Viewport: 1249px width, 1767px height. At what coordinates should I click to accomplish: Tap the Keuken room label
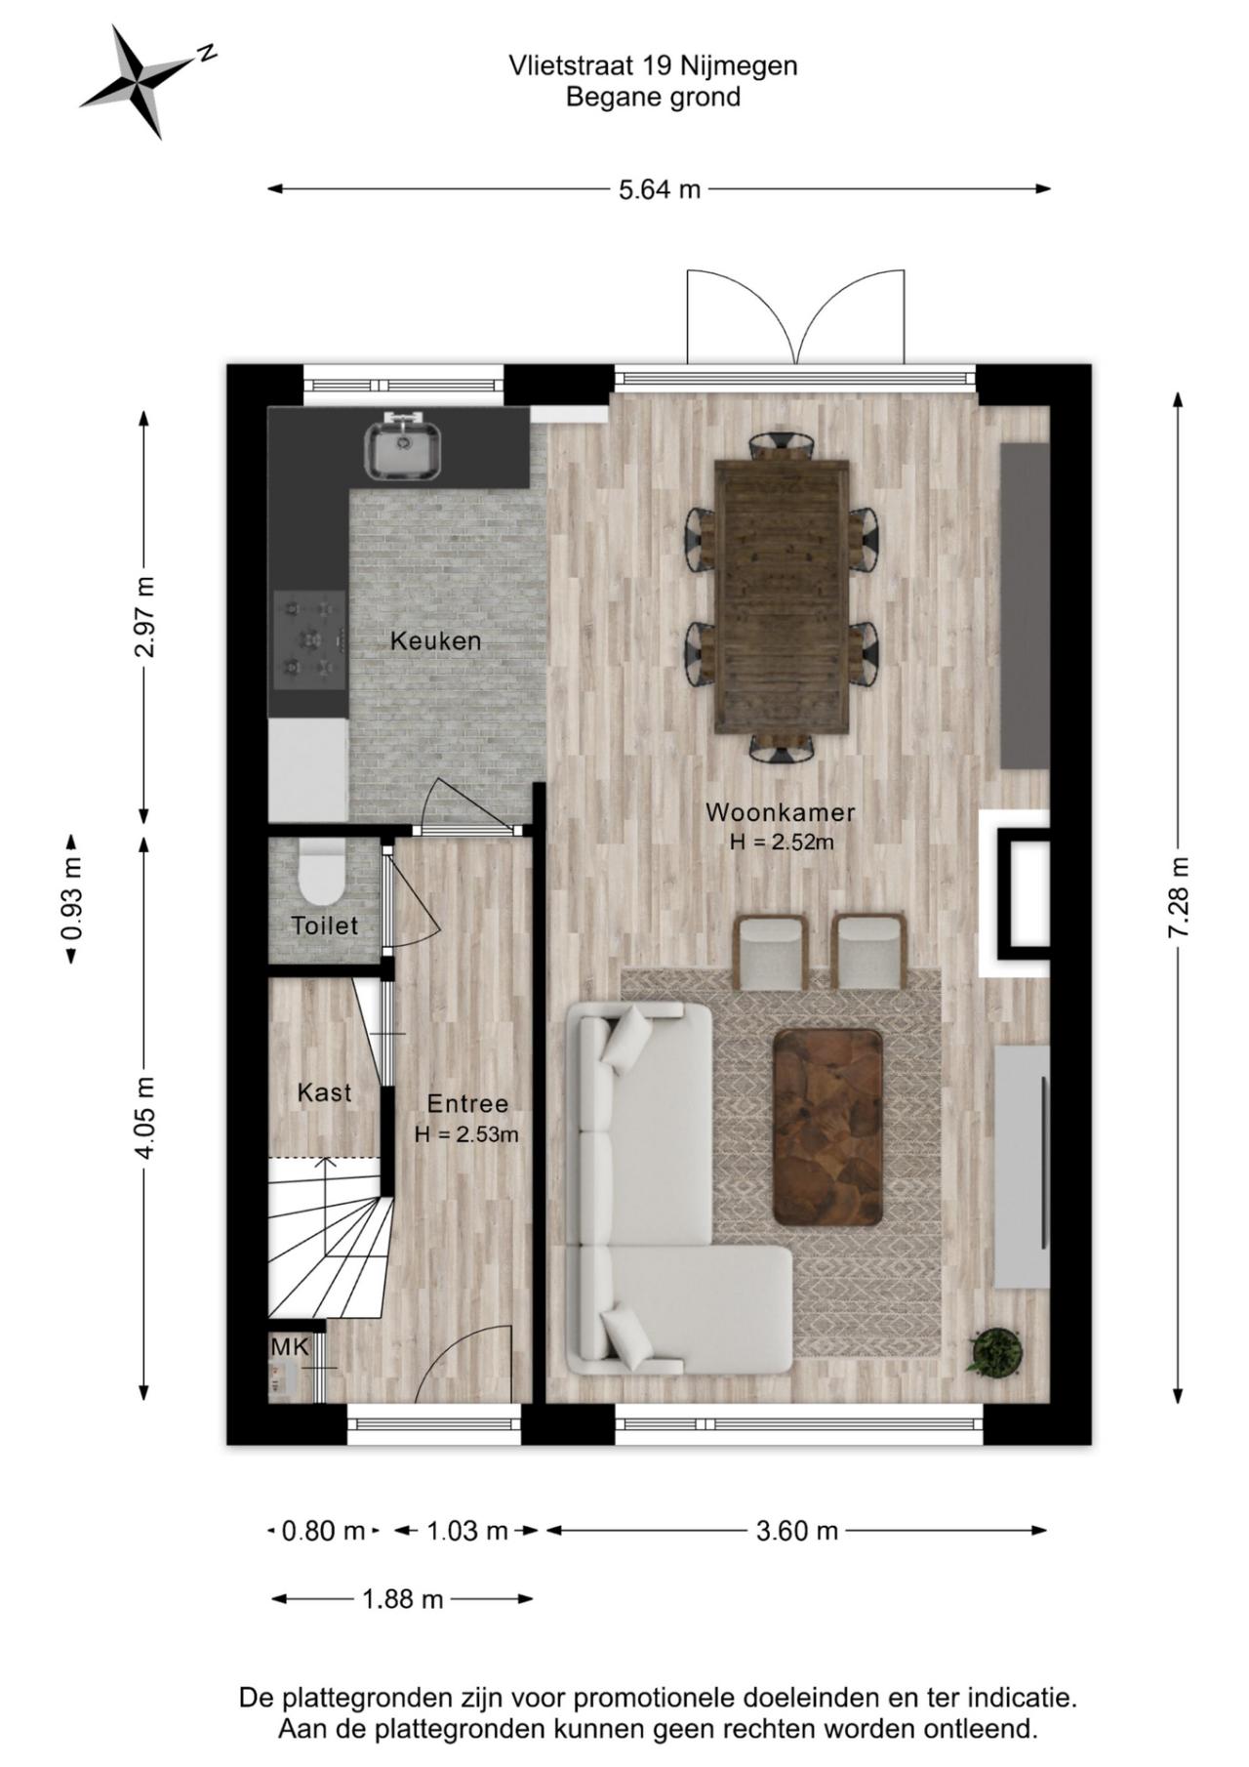435,641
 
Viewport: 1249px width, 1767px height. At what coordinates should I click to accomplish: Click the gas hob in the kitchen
309,639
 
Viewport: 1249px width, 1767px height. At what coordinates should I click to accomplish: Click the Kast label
324,1092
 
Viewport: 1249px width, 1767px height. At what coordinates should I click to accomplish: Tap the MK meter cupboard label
290,1347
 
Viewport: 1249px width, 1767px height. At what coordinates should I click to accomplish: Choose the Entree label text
467,1104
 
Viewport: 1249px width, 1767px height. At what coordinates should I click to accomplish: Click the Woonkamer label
781,812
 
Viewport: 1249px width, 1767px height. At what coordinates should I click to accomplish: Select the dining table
781,596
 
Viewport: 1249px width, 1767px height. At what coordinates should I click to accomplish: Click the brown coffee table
827,1127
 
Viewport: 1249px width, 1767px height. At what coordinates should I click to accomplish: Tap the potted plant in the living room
995,1352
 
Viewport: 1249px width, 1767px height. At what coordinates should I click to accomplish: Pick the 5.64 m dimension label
660,189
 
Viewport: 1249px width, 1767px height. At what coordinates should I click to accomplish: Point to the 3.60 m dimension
796,1531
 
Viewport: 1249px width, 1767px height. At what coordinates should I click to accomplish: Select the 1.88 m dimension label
402,1599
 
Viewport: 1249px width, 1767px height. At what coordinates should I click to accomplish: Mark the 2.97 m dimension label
143,617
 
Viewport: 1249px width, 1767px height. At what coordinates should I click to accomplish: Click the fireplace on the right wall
1015,893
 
